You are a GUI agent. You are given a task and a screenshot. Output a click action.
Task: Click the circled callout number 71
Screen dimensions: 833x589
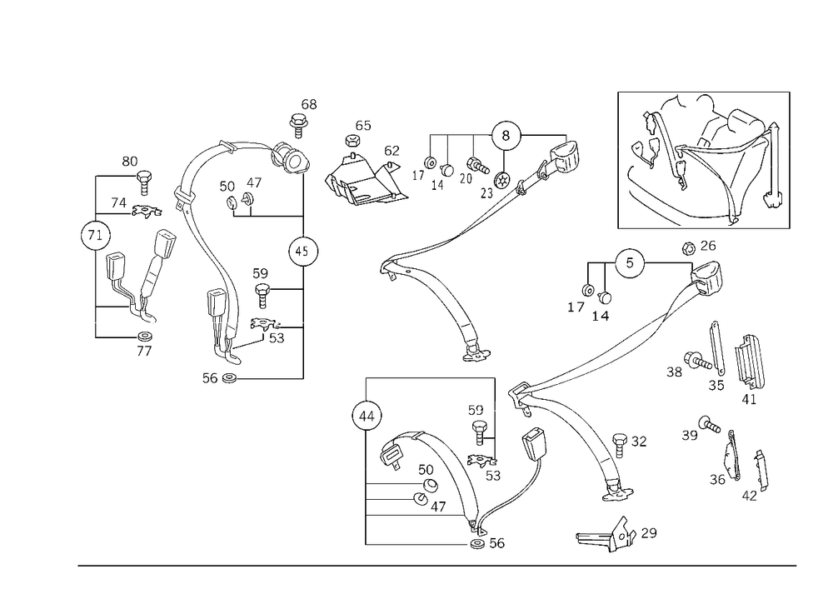point(96,235)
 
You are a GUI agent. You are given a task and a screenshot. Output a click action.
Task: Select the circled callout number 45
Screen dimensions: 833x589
point(303,251)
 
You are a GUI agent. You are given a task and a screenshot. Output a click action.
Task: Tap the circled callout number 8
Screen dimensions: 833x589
point(506,136)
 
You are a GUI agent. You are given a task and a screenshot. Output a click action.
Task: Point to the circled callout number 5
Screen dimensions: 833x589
point(630,263)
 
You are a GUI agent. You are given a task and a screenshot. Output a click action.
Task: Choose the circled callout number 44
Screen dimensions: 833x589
point(367,416)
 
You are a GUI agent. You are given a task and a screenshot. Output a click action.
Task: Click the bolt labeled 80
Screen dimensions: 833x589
point(144,182)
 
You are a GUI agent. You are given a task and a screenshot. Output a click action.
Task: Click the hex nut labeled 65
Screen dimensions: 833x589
point(352,141)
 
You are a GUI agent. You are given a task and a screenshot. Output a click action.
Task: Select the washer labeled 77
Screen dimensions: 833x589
point(144,337)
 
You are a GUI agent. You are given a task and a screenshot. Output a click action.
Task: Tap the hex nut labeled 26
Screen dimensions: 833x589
point(688,248)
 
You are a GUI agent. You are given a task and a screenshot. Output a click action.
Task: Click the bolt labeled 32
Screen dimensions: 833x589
point(620,445)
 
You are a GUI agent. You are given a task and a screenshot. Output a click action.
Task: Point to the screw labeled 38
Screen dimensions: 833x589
point(697,361)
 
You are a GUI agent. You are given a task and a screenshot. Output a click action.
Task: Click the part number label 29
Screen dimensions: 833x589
point(649,532)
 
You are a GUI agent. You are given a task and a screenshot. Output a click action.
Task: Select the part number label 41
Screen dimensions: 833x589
point(749,399)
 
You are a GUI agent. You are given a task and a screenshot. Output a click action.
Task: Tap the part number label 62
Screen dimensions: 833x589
point(392,151)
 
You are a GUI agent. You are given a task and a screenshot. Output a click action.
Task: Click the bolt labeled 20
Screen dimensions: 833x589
point(477,165)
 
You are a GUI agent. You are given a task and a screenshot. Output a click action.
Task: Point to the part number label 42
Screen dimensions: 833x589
point(749,496)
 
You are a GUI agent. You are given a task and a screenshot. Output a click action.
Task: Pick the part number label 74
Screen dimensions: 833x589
point(118,203)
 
